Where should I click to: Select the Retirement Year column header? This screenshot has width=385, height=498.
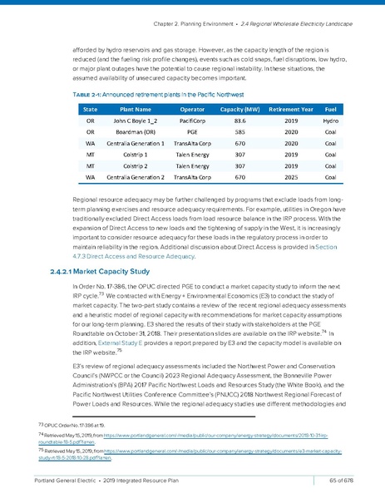coord(289,109)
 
